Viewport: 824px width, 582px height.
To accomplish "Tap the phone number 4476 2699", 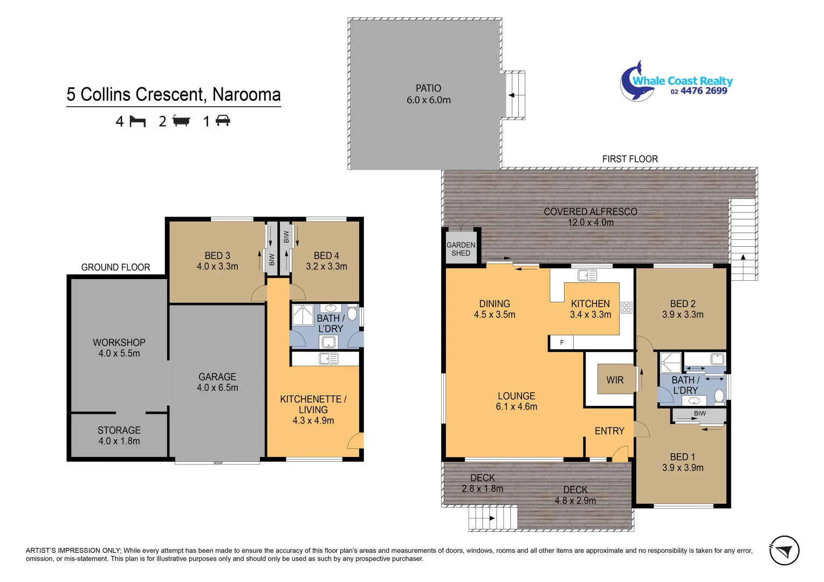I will click(703, 91).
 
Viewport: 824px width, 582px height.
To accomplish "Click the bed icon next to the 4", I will click(138, 121).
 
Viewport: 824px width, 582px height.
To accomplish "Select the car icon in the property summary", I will click(223, 121).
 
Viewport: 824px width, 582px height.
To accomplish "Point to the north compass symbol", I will click(784, 551).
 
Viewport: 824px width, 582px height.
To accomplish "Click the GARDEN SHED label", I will click(461, 249).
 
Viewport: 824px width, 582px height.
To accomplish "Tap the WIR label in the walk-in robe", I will click(615, 380).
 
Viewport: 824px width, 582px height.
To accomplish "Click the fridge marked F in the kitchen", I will click(561, 343).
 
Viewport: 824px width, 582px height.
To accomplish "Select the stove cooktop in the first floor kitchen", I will click(626, 308).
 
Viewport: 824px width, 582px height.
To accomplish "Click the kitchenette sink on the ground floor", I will click(328, 358).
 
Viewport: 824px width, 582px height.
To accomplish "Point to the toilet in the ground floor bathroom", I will click(352, 314).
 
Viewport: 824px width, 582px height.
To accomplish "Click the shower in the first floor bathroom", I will click(670, 363).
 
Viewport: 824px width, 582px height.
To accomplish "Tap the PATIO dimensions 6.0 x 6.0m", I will click(428, 100).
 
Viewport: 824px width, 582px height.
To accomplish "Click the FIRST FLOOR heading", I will click(630, 159).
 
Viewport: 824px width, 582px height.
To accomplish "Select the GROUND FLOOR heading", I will click(115, 267).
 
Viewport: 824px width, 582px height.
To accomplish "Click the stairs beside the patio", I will click(515, 95).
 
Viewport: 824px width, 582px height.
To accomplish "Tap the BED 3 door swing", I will click(259, 293).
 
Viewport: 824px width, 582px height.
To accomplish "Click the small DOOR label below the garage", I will click(218, 463).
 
